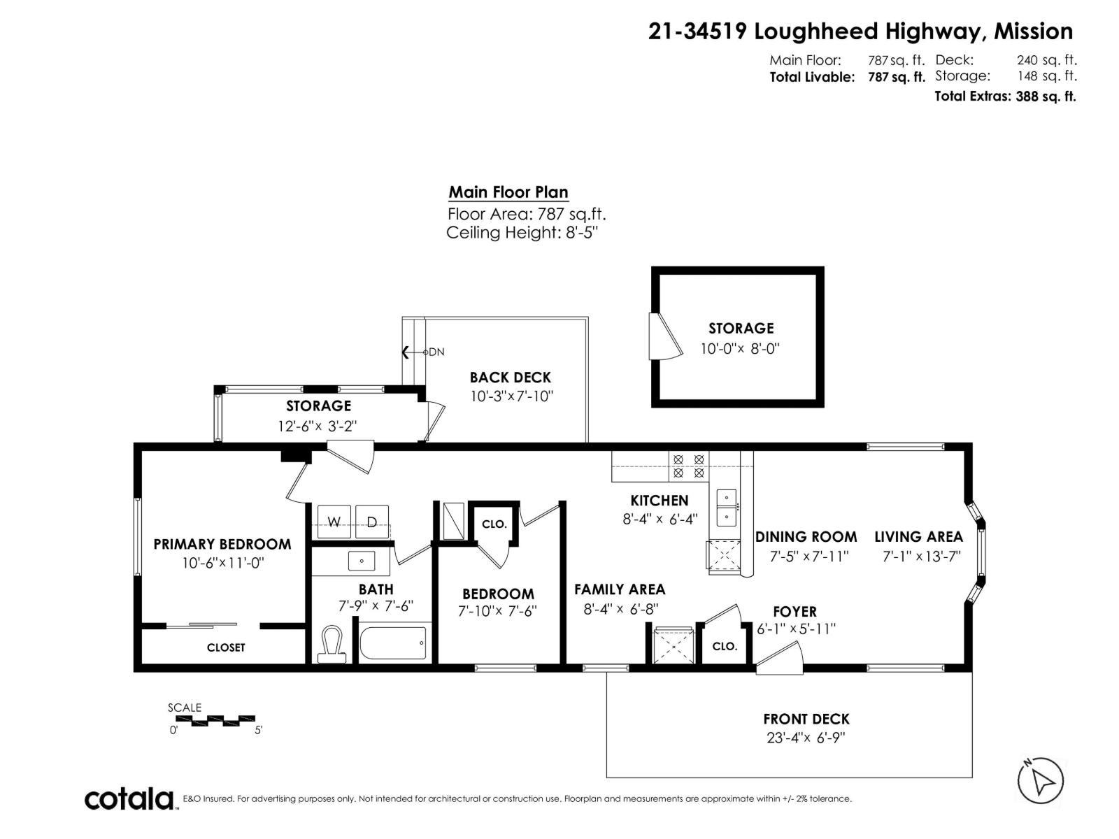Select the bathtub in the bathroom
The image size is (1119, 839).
[x=393, y=643]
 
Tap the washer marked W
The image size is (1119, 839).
[x=334, y=522]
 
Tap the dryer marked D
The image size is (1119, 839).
[x=372, y=522]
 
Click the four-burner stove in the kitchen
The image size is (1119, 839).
[x=688, y=466]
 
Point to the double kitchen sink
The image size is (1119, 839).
[x=726, y=508]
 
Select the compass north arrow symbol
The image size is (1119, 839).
[x=1041, y=780]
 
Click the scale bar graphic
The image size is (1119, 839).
[x=212, y=719]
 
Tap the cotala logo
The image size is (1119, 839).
[x=130, y=798]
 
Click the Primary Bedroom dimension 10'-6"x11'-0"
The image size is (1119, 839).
[x=222, y=563]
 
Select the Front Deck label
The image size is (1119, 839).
[x=806, y=719]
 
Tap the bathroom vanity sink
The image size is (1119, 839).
[x=362, y=561]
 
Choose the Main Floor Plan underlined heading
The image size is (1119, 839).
[x=508, y=192]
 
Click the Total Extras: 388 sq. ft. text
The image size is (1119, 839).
[x=1005, y=96]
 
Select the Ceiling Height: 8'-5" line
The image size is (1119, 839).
[x=522, y=233]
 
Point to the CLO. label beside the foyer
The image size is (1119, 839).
[x=725, y=647]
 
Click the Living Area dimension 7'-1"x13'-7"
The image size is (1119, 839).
[x=922, y=557]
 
